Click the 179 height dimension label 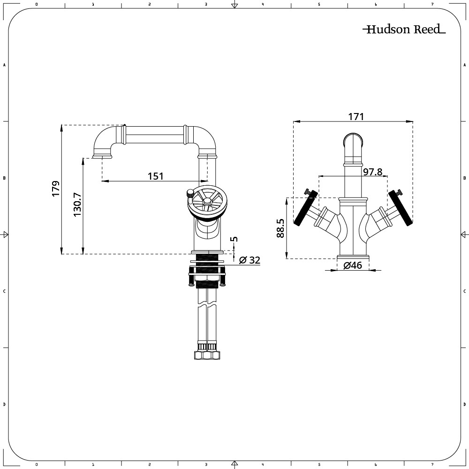[56, 189]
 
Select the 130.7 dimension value [77, 204]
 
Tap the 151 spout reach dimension [156, 176]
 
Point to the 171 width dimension [356, 116]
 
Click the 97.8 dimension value [372, 172]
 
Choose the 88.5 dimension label [280, 228]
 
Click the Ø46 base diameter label [353, 265]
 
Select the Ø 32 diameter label [250, 260]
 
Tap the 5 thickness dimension [235, 239]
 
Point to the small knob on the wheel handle [189, 192]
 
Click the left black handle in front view [305, 208]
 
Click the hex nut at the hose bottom [206, 356]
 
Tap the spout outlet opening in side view [102, 157]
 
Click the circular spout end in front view [353, 141]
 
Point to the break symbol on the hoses [206, 305]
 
